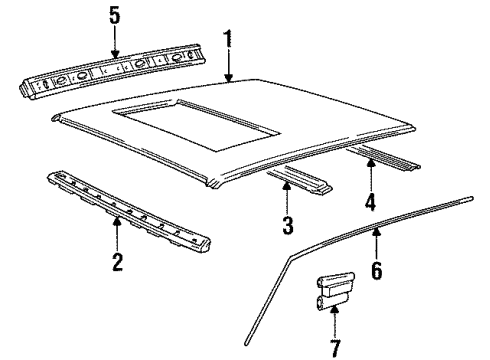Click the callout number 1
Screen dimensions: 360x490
pyautogui.click(x=228, y=40)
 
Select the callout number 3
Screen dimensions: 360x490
pyautogui.click(x=287, y=227)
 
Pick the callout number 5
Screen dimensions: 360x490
pyautogui.click(x=114, y=15)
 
